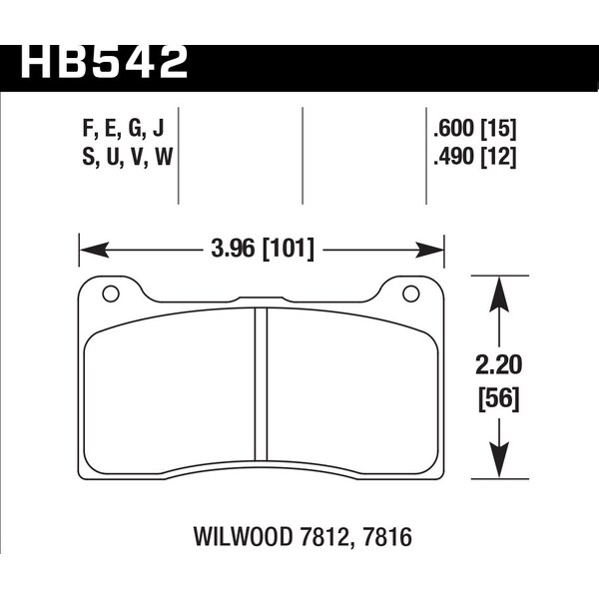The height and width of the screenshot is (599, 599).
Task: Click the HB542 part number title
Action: [x=104, y=62]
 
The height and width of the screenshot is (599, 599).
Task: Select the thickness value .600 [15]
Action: [x=475, y=129]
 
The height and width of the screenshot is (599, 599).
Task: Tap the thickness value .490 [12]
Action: [x=475, y=157]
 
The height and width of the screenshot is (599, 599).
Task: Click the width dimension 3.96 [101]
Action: [x=263, y=250]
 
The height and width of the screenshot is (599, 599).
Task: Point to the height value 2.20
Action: [x=498, y=364]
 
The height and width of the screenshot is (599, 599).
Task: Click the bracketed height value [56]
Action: [x=499, y=399]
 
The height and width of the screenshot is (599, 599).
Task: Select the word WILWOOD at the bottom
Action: [x=244, y=537]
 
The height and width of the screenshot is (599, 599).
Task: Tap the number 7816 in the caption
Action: [x=386, y=537]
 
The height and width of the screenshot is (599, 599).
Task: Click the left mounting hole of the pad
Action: [x=111, y=294]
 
